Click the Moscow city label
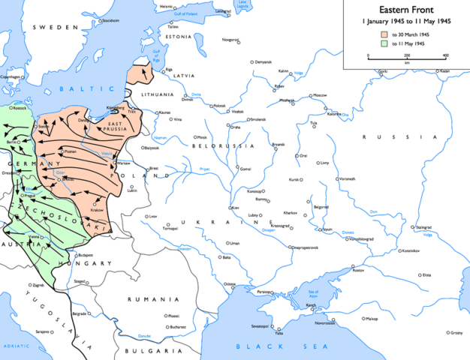[320, 96]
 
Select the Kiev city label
[235, 208]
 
